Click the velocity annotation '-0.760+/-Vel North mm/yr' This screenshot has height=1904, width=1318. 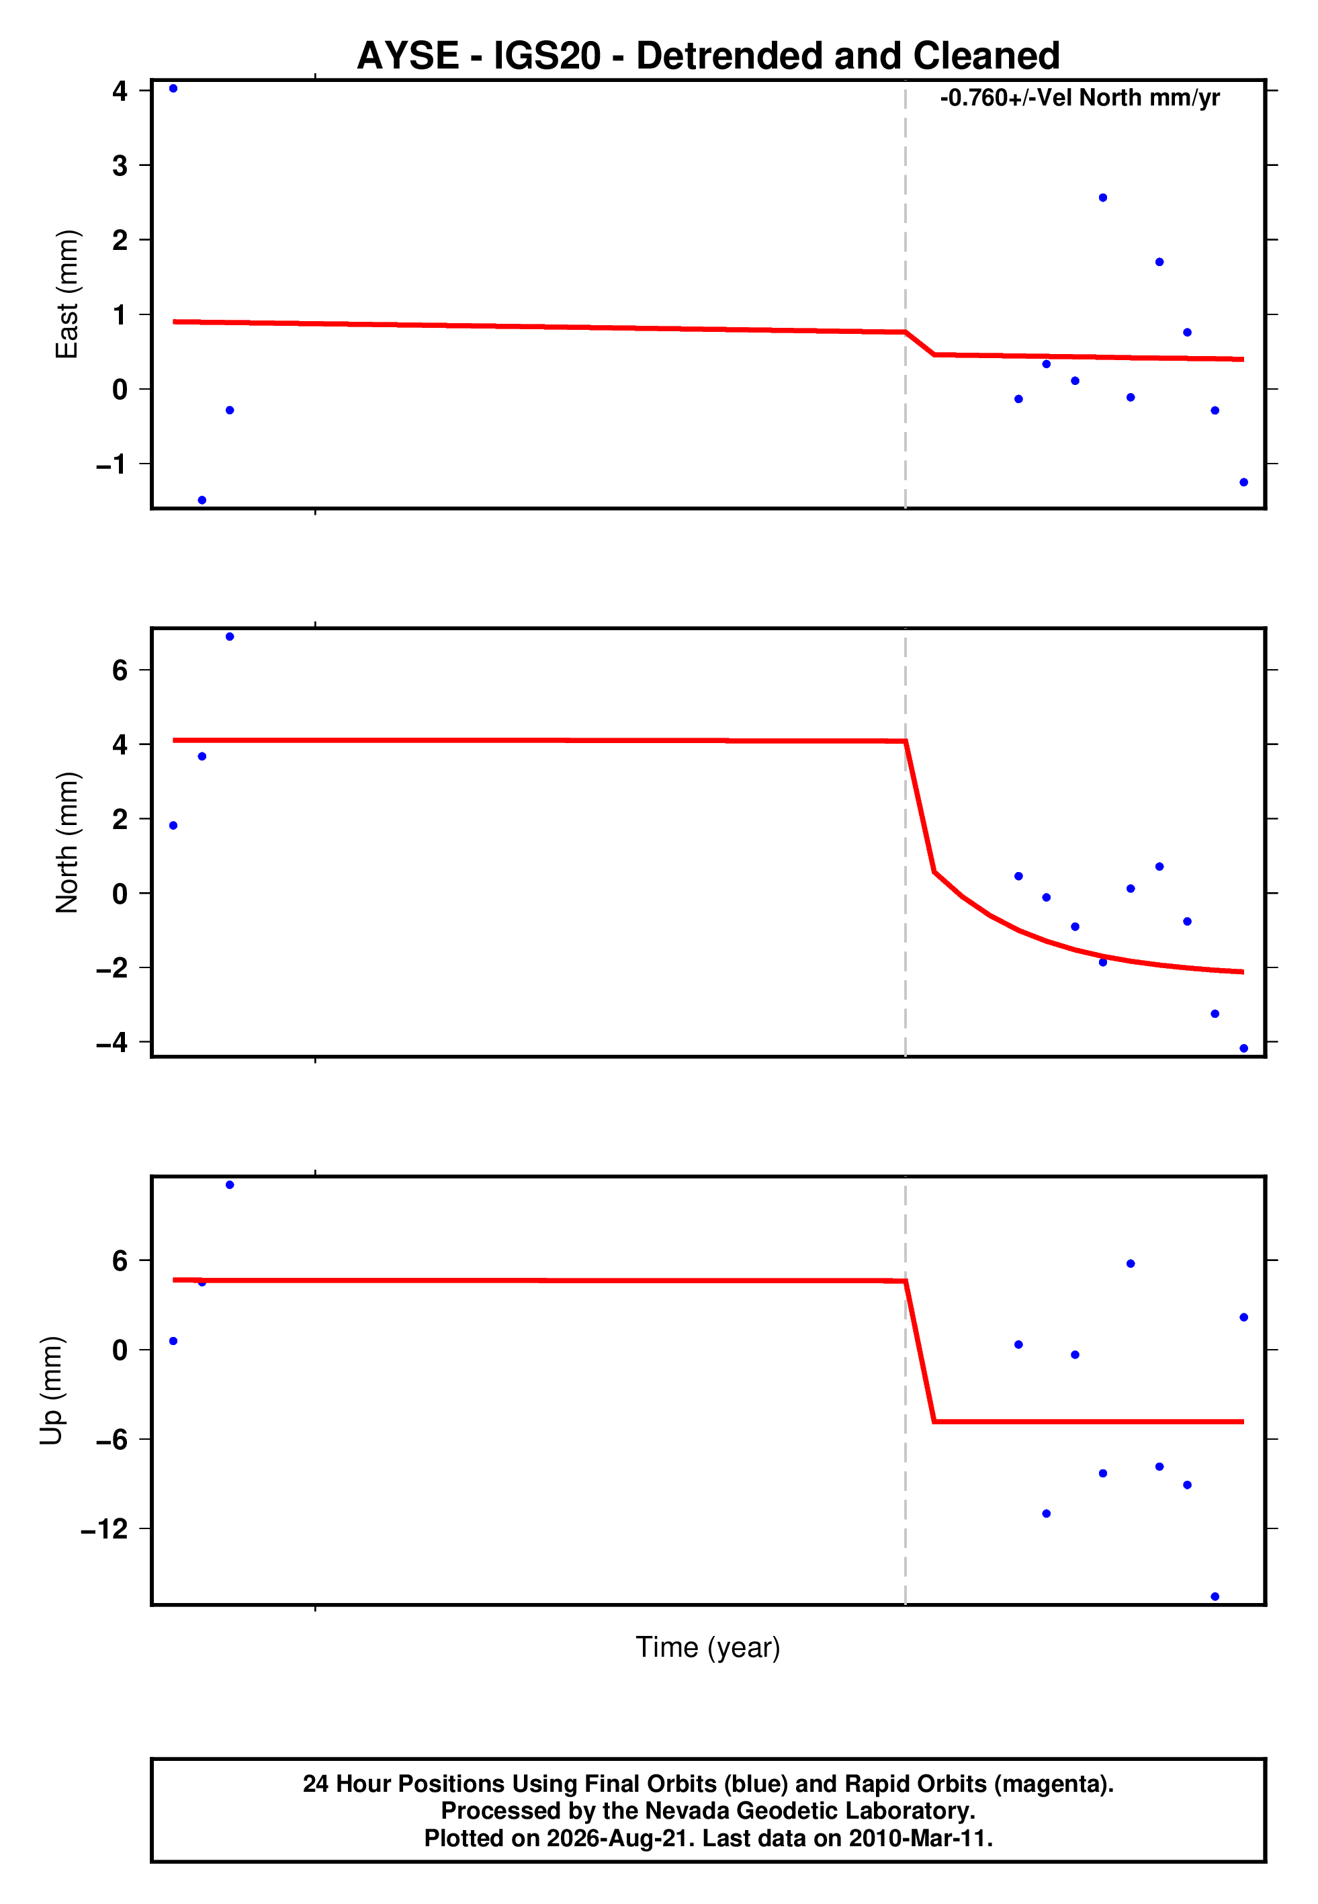point(1080,98)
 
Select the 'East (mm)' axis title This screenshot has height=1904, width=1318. point(67,294)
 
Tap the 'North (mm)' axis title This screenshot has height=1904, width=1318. point(67,842)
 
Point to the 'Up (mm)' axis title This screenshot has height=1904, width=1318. point(51,1391)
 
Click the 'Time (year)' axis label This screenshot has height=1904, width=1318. point(708,1647)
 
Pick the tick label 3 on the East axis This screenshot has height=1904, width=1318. point(120,165)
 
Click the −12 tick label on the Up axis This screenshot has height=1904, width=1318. point(105,1529)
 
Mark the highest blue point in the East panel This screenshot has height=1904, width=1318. point(173,88)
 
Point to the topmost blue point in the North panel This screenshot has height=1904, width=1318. point(230,637)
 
